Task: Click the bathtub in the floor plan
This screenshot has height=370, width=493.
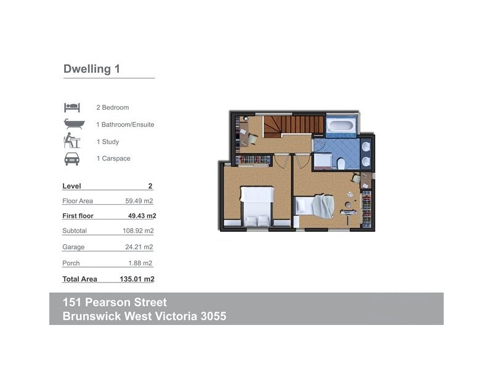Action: pos(340,126)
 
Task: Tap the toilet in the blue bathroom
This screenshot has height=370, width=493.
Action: pos(341,163)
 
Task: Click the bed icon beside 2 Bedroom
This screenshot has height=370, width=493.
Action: pos(72,107)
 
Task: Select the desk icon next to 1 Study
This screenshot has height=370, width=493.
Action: pos(72,141)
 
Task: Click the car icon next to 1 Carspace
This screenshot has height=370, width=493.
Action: pos(72,158)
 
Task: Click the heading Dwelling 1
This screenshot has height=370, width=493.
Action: pos(91,69)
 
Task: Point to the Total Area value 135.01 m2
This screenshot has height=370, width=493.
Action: pos(137,279)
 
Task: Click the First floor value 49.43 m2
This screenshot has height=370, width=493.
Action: pos(142,216)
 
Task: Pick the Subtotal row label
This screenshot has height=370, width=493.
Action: pos(75,231)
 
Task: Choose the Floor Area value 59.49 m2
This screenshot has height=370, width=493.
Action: pos(139,201)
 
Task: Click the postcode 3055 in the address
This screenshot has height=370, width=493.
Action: pos(211,317)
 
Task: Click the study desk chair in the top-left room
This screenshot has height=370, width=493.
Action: pos(253,139)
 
